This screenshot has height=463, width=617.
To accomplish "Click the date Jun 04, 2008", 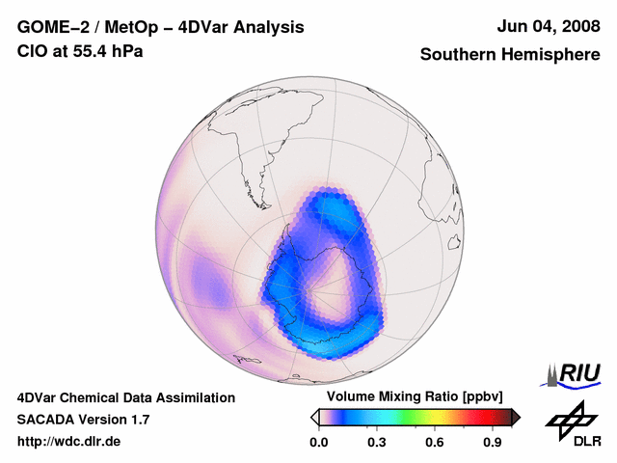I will click(548, 27).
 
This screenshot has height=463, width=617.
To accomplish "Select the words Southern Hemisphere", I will click(510, 55).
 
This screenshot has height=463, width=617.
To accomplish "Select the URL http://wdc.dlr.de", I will click(69, 442).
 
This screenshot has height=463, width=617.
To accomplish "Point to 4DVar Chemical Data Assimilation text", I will click(125, 397).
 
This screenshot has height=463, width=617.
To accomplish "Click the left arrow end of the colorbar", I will click(314, 417).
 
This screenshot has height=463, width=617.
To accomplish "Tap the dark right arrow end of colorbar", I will click(516, 417).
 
